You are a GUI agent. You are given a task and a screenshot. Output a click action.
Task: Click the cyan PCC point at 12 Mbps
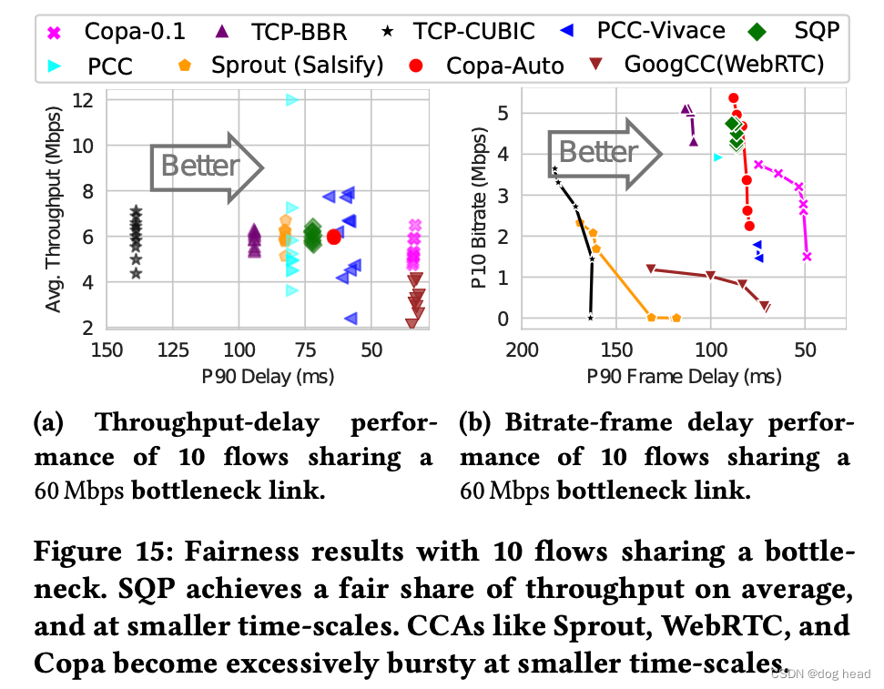pyautogui.click(x=292, y=99)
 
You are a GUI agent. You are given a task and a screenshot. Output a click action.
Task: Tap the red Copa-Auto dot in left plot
pyautogui.click(x=334, y=237)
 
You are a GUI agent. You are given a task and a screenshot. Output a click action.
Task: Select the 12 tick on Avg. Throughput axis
pyautogui.click(x=85, y=99)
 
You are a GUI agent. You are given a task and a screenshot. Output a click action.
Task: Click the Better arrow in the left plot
pyautogui.click(x=206, y=165)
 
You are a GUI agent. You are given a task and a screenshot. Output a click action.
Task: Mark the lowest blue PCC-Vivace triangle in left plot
pyautogui.click(x=351, y=318)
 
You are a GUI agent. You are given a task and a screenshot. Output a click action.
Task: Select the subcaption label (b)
pyautogui.click(x=477, y=423)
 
